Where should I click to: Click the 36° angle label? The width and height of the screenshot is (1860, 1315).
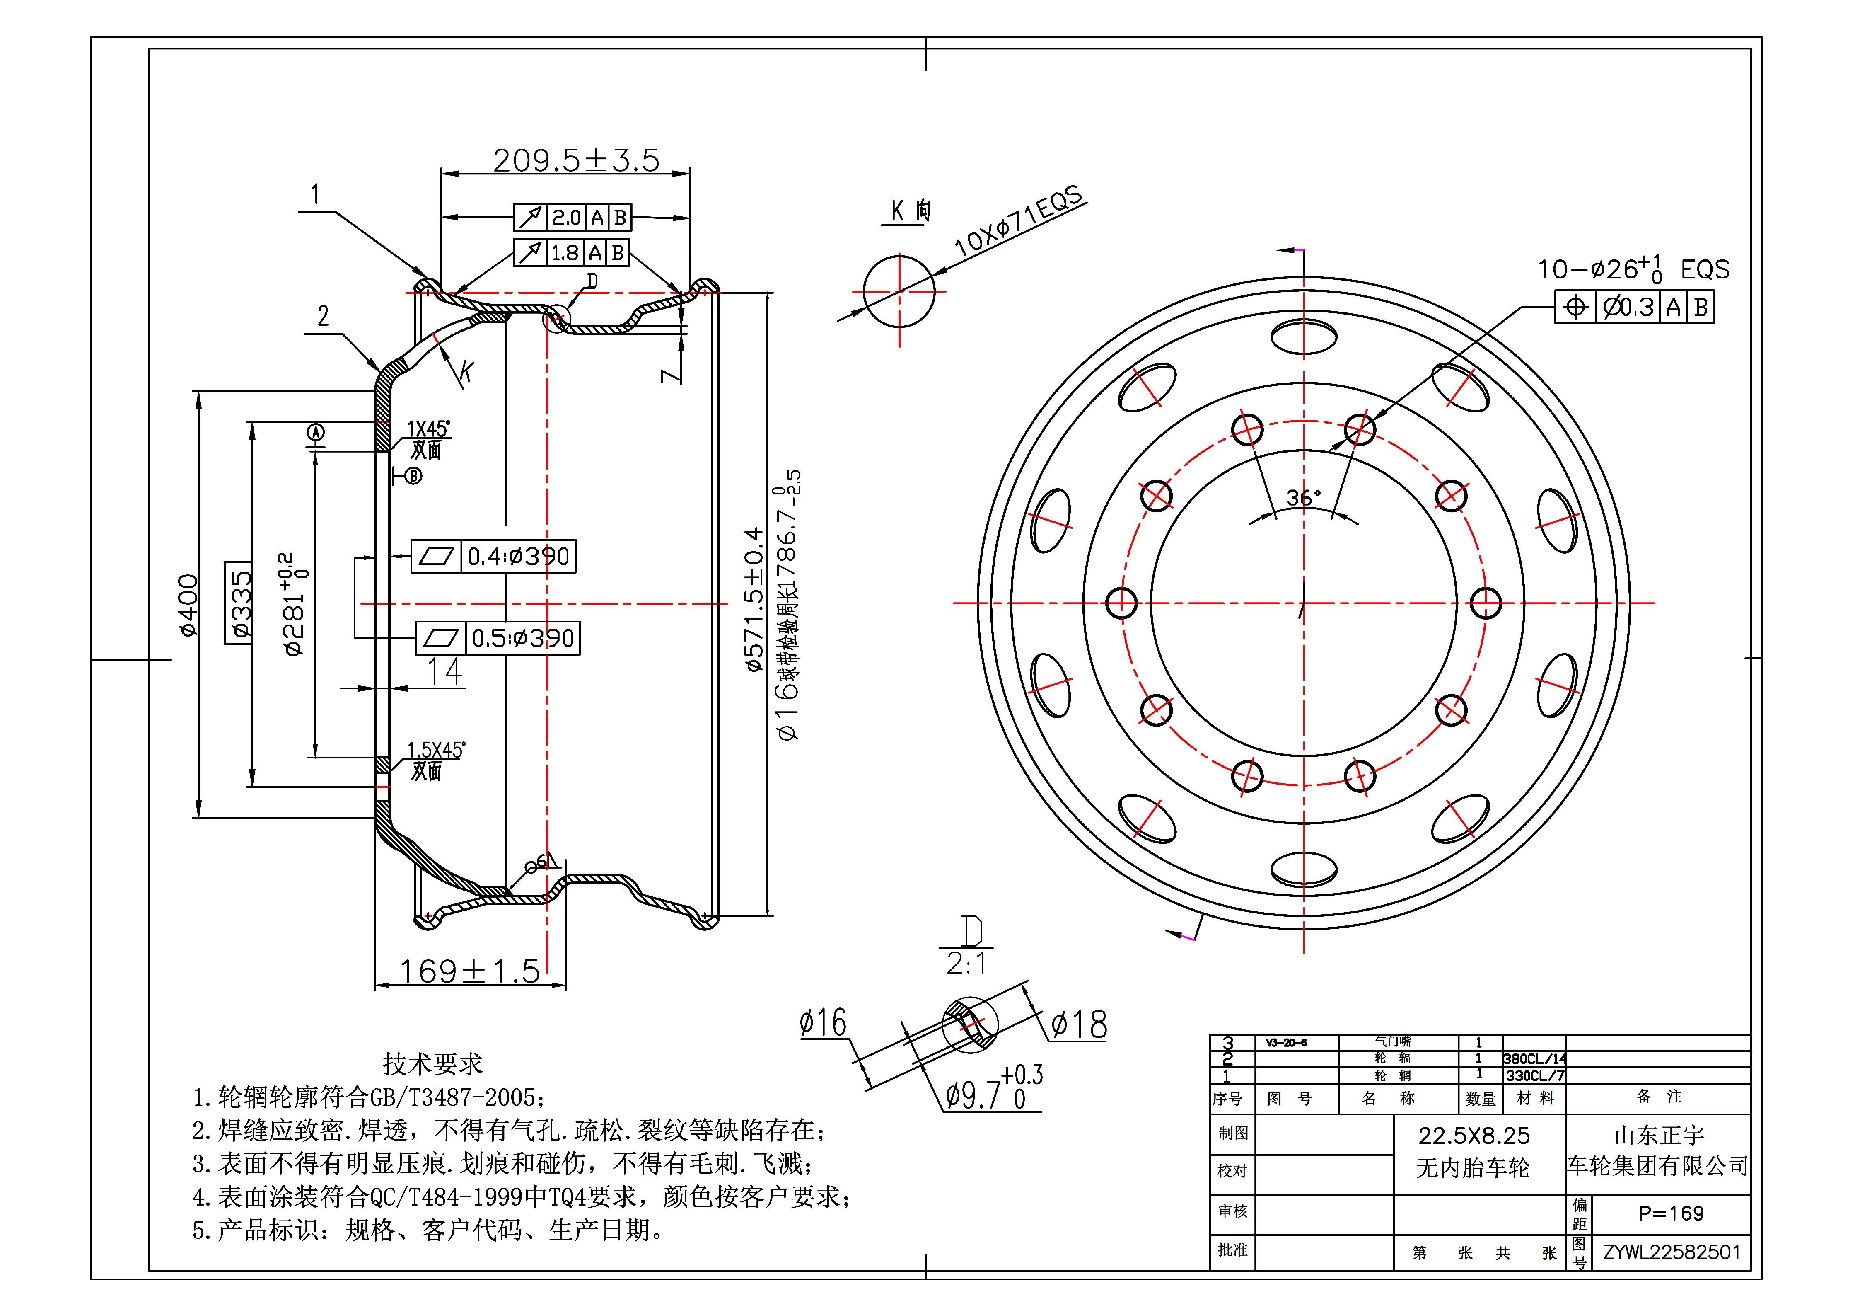(x=1303, y=497)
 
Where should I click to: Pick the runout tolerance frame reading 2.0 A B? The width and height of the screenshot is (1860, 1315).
(x=572, y=217)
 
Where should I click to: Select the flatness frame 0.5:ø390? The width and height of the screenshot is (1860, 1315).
(x=498, y=639)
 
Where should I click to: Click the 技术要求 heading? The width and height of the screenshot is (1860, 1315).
(x=432, y=1064)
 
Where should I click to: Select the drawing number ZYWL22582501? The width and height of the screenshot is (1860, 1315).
(x=1671, y=1252)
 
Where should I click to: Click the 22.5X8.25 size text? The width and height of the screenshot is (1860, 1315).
(x=1474, y=1136)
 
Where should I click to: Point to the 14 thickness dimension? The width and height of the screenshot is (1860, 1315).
(x=445, y=672)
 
